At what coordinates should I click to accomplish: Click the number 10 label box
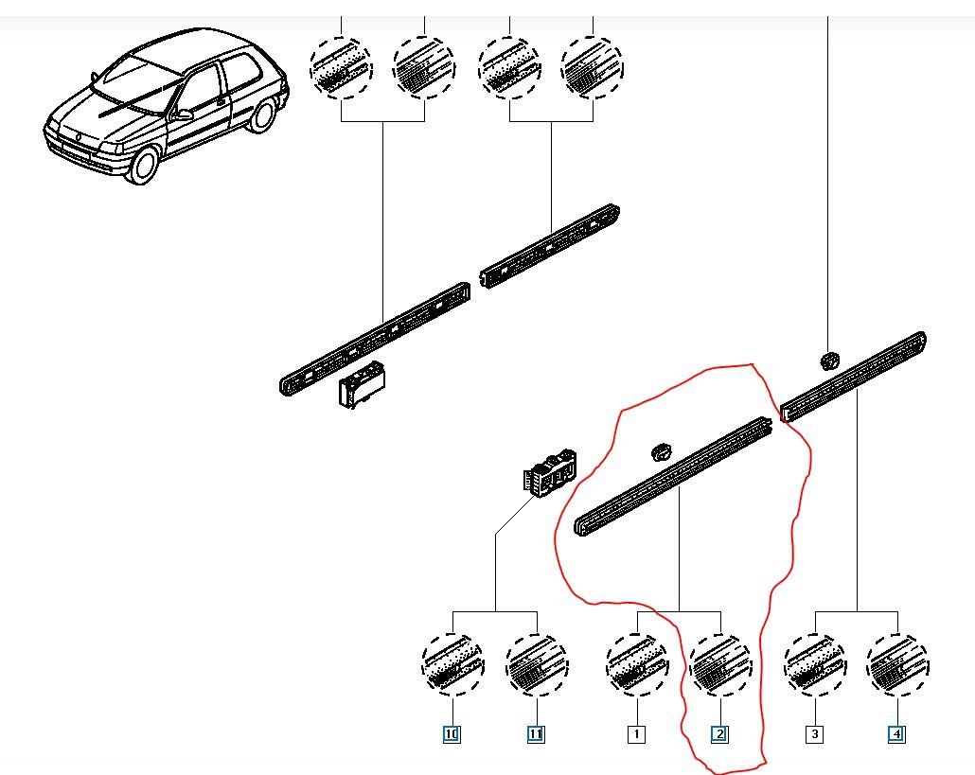[x=452, y=733]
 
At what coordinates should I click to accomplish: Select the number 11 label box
[x=536, y=733]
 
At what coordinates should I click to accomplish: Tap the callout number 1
[x=636, y=733]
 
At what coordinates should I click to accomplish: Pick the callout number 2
[x=719, y=733]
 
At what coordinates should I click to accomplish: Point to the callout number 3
[x=814, y=733]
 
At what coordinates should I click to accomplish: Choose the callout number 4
[x=896, y=733]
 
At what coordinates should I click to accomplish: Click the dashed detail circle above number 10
[x=452, y=664]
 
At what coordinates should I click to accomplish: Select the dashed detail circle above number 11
[x=537, y=664]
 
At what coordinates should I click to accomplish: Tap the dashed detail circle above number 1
[x=637, y=664]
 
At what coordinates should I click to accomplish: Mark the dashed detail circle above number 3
[x=815, y=664]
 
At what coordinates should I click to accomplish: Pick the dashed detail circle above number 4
[x=897, y=664]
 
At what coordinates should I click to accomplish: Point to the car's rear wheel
[x=262, y=114]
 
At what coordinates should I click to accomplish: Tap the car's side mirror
[x=183, y=114]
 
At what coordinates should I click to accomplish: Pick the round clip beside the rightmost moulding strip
[x=829, y=361]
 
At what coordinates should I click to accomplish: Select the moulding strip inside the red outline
[x=674, y=478]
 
